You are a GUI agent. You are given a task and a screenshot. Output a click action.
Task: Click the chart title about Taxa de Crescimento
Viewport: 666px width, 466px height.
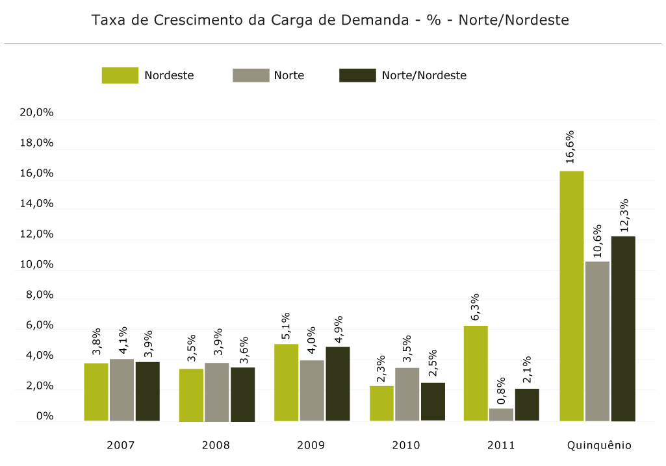(x=330, y=20)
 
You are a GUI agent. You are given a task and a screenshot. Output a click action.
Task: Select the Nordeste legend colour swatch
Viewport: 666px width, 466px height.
(x=120, y=75)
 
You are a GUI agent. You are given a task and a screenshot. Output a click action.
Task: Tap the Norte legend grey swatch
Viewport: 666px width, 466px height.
(x=251, y=75)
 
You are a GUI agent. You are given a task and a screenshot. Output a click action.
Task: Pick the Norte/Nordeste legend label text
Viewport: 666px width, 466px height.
(x=424, y=75)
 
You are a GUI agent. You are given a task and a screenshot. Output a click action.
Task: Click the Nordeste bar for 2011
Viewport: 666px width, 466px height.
(x=476, y=373)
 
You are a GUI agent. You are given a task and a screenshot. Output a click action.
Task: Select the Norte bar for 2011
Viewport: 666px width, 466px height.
(x=501, y=415)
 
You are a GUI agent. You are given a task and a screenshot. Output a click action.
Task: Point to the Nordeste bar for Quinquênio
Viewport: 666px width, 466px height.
(x=572, y=296)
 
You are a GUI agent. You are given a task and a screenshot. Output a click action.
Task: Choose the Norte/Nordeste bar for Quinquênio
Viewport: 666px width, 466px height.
(x=623, y=328)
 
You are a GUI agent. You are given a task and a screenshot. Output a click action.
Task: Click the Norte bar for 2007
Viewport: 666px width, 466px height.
(x=122, y=390)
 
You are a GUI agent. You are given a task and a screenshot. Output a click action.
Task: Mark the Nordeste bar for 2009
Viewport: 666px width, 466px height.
(x=286, y=382)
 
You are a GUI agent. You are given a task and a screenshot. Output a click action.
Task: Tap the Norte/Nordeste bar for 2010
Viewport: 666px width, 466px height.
(x=433, y=402)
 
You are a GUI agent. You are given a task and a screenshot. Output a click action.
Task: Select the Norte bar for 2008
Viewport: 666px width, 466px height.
(x=216, y=392)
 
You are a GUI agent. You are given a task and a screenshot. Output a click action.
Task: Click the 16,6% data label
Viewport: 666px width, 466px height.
(x=570, y=147)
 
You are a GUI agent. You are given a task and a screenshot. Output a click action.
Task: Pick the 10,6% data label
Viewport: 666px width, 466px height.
(x=597, y=240)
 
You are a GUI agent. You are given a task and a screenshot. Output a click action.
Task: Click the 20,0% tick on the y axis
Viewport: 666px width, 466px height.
(x=36, y=113)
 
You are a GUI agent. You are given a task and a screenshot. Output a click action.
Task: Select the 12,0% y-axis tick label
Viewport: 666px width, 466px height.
(x=36, y=234)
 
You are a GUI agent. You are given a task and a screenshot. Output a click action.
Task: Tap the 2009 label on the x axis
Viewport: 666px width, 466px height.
(x=311, y=445)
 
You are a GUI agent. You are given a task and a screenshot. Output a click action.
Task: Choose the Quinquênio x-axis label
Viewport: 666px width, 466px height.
(x=599, y=445)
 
